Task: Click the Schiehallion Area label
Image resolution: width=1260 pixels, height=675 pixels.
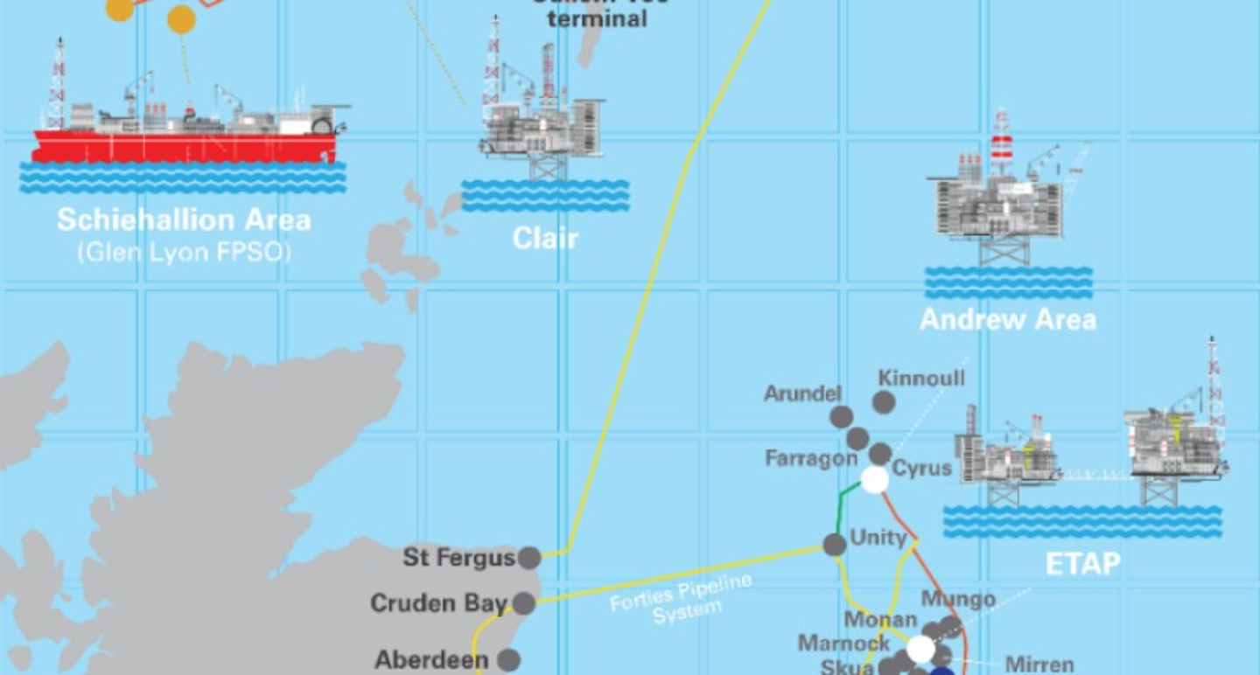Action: pyautogui.click(x=184, y=219)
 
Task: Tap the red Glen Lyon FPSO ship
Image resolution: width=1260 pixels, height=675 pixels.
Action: pyautogui.click(x=184, y=146)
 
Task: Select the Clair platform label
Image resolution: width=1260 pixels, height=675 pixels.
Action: pyautogui.click(x=545, y=238)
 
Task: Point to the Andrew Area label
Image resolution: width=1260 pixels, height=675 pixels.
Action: pyautogui.click(x=1008, y=319)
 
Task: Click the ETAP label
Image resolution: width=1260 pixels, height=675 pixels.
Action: pyautogui.click(x=1082, y=564)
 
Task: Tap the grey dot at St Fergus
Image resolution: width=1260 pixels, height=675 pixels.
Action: pyautogui.click(x=528, y=558)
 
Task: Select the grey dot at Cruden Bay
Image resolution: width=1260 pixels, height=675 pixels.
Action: pyautogui.click(x=523, y=603)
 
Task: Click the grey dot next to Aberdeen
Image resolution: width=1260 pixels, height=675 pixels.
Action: pyautogui.click(x=507, y=660)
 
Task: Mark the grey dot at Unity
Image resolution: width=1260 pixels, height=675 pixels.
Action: pyautogui.click(x=835, y=545)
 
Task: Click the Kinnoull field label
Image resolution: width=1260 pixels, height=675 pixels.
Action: pyautogui.click(x=921, y=378)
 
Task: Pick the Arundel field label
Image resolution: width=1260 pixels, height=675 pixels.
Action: pyautogui.click(x=802, y=393)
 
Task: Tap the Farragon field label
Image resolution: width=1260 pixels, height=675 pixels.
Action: pyautogui.click(x=811, y=458)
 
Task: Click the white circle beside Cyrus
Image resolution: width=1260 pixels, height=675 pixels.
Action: pyautogui.click(x=874, y=479)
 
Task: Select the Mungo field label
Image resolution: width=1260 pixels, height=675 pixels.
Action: pyautogui.click(x=958, y=600)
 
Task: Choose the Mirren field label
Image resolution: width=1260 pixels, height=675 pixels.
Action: pyautogui.click(x=1039, y=665)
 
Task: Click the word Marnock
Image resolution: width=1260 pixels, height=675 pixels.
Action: pyautogui.click(x=843, y=644)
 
